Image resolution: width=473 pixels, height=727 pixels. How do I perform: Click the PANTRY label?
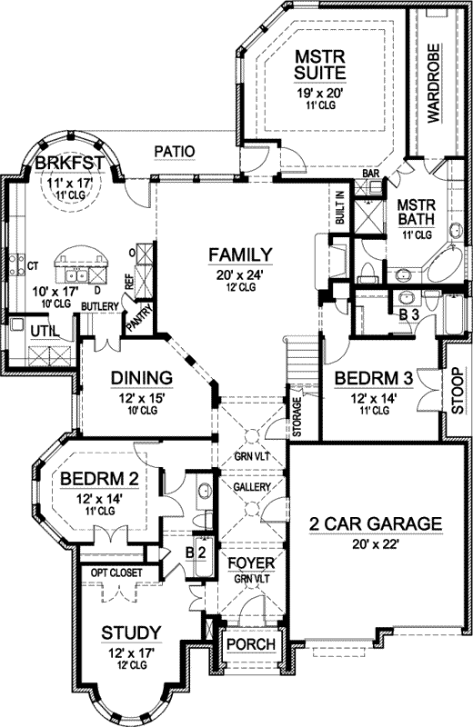coord(145,319)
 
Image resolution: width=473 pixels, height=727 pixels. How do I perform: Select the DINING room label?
coord(142,377)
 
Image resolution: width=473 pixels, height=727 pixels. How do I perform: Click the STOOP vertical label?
coord(456,391)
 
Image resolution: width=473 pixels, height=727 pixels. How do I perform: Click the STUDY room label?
coord(132,632)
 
